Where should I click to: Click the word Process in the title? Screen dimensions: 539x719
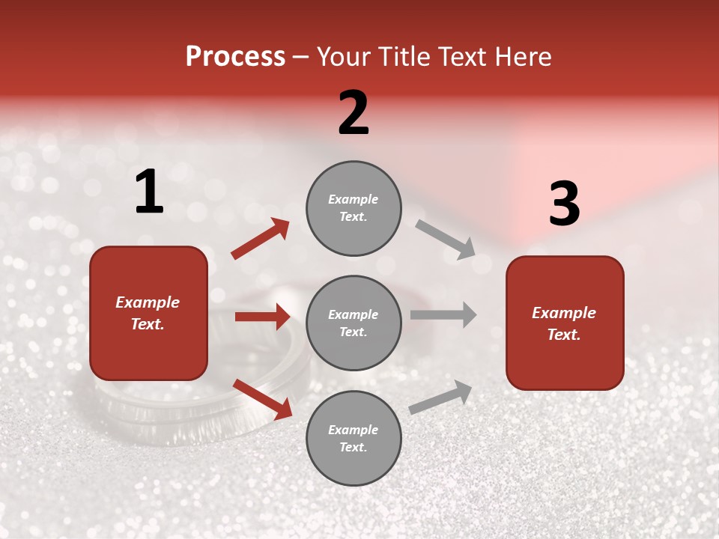point(235,57)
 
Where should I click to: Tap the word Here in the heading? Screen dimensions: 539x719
point(519,57)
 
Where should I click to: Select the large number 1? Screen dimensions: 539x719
point(149,192)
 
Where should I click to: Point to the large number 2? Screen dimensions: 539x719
point(354,113)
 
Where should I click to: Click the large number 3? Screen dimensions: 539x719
point(564,204)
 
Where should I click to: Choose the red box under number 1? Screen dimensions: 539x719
point(148,313)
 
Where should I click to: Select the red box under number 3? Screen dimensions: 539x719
point(565,323)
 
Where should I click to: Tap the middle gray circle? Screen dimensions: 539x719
point(354,323)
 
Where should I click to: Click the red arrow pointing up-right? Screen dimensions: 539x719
point(261,239)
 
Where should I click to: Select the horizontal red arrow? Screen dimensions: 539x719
point(262,317)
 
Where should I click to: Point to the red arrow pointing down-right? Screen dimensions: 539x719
point(262,399)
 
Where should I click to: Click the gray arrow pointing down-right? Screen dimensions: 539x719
point(445,239)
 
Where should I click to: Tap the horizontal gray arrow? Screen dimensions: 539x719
point(443,314)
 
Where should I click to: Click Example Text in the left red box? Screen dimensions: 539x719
point(148,313)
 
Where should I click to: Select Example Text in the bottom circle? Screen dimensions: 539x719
point(353,438)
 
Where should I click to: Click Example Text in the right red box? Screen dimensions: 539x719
point(564,323)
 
